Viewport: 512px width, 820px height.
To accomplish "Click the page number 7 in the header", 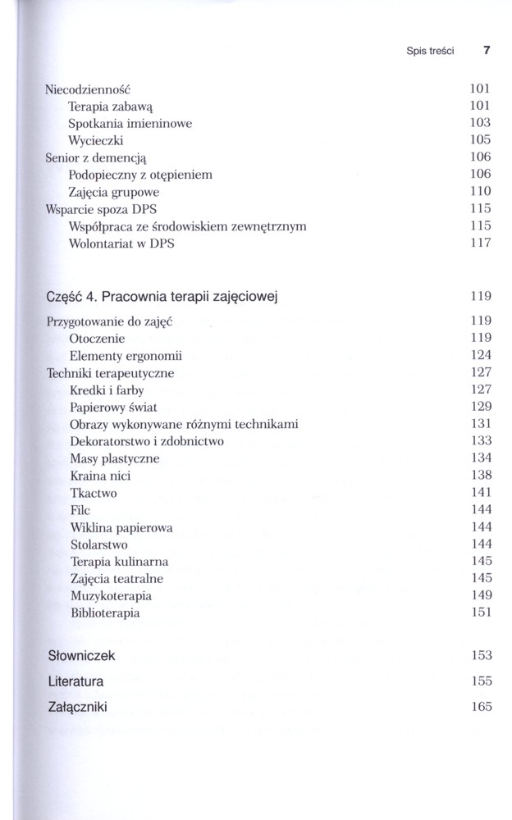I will click(x=487, y=50).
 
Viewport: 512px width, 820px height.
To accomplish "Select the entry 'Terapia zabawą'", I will click(x=106, y=106).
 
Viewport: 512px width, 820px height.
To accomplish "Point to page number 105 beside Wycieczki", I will click(x=480, y=140).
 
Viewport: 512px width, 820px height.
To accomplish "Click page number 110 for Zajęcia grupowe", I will click(x=480, y=191).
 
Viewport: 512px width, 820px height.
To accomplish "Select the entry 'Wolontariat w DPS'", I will click(x=122, y=243).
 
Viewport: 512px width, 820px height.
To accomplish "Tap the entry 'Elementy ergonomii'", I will click(x=126, y=356).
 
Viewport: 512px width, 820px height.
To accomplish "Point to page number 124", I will click(x=480, y=355).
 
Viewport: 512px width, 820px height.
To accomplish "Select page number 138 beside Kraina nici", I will click(x=480, y=475).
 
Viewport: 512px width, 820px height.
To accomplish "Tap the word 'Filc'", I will click(x=80, y=510).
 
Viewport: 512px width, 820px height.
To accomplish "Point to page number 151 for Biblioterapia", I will click(x=480, y=612).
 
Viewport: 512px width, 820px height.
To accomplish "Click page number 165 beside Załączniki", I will click(x=480, y=706).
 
